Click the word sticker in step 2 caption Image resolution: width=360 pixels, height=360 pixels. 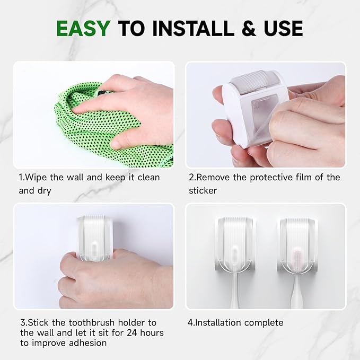coord(203,190)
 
